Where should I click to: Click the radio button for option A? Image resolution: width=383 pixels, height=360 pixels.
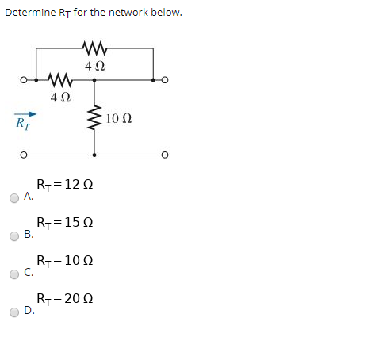tap(15, 198)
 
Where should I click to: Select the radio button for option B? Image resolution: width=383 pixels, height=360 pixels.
tap(15, 236)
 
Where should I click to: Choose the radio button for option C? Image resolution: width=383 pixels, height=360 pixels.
tap(15, 274)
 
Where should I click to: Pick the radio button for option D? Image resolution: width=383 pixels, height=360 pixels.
tap(15, 312)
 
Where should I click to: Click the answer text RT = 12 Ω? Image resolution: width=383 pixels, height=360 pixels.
tap(65, 185)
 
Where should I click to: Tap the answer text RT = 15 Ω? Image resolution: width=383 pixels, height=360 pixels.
tap(65, 223)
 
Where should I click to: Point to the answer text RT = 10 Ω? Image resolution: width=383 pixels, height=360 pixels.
tap(65, 261)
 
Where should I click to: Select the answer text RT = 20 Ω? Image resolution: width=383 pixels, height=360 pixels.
tap(65, 299)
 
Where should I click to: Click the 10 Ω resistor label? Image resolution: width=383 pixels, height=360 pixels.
tap(118, 119)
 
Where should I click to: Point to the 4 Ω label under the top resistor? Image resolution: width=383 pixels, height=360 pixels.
tap(94, 64)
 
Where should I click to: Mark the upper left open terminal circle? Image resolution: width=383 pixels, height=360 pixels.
tap(25, 80)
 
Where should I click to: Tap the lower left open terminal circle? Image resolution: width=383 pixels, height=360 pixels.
tap(25, 155)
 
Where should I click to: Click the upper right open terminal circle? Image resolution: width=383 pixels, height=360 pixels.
tap(164, 80)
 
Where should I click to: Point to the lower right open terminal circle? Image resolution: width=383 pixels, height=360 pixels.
tap(164, 155)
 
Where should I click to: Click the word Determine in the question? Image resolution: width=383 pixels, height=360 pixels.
tap(29, 12)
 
